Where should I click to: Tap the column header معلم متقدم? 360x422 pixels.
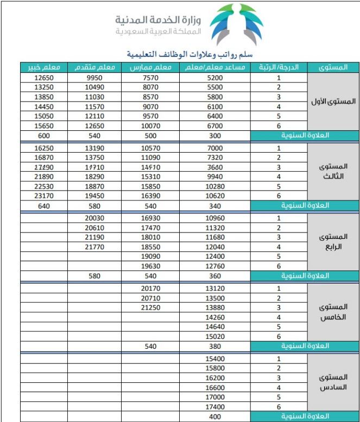tap(94, 67)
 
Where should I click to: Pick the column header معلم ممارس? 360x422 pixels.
tap(150, 67)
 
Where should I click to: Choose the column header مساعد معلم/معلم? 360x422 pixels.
tap(215, 67)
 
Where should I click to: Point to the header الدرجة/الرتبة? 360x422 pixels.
tap(279, 67)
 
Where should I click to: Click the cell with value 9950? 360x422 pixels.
tap(94, 78)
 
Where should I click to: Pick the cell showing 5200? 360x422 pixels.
tap(215, 78)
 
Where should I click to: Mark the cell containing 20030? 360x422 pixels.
tap(94, 218)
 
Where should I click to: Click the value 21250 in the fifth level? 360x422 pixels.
tap(150, 307)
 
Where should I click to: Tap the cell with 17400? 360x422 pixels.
tap(215, 406)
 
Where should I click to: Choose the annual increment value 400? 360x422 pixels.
tap(215, 416)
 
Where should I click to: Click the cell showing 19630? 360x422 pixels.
tap(150, 266)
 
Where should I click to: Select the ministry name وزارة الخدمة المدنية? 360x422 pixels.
tap(158, 20)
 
